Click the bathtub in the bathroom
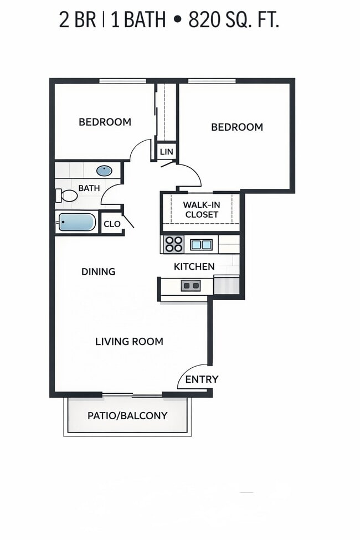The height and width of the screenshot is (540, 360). pos(77,222)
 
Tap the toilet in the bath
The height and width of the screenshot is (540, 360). pos(67,195)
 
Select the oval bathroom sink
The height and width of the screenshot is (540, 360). pos(104,171)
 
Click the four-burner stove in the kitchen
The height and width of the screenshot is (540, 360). pos(174,244)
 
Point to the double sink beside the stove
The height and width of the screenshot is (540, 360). pos(200,244)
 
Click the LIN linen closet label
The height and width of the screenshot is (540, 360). pos(166,152)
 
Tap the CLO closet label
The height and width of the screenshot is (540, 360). pos(112,224)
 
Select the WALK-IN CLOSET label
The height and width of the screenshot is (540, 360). pos(202,209)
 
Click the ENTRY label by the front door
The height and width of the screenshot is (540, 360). pos(202,379)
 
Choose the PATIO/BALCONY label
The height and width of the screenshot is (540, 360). pos(127,415)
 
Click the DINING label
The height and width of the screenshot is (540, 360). pos(98,271)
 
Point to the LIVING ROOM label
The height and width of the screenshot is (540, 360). pos(129,341)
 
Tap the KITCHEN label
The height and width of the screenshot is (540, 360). pos(194,266)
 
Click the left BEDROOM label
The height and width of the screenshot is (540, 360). pos(105,122)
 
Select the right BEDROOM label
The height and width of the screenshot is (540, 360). pos(236,127)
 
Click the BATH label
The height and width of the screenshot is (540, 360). pos(89,188)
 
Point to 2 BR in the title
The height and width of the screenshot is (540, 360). pos(78,20)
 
